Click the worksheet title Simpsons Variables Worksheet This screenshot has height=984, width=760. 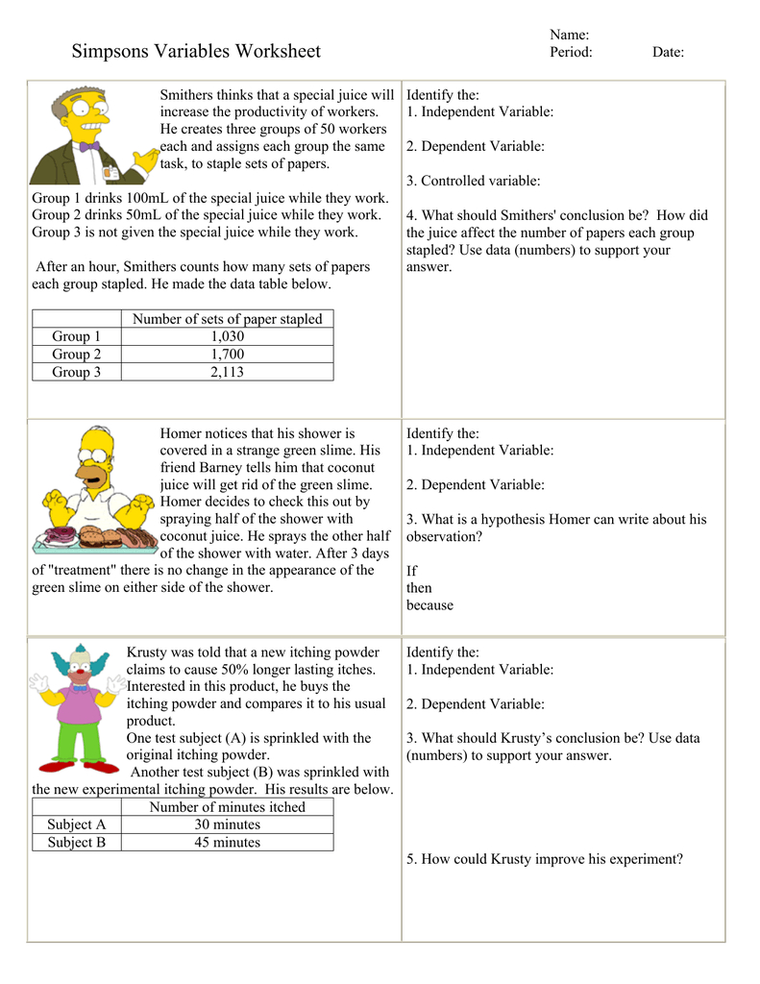(196, 52)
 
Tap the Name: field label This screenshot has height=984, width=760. (569, 35)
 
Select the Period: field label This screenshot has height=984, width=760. (571, 52)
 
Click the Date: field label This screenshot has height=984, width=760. (668, 52)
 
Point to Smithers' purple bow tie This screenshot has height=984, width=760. (89, 147)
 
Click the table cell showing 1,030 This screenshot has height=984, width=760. (227, 336)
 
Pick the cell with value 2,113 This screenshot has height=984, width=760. (227, 372)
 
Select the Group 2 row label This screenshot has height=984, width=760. (76, 355)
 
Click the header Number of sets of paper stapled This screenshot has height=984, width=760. (227, 319)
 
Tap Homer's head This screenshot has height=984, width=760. (96, 456)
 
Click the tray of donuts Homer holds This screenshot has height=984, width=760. (94, 539)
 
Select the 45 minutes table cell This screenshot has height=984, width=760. (227, 842)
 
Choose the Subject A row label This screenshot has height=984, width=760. (76, 824)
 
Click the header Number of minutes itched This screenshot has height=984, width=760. (227, 807)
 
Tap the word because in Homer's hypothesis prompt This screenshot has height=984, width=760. (429, 605)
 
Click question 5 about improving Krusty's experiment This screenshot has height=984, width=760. (545, 859)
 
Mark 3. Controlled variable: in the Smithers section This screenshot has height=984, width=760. (473, 181)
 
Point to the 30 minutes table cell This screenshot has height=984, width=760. (227, 824)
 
